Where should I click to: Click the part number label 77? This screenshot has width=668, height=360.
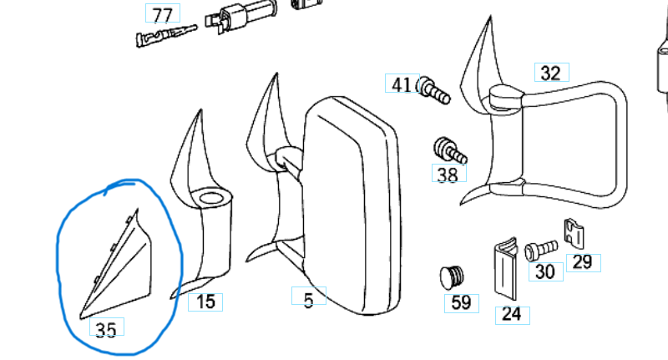162,14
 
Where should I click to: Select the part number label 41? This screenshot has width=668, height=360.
402,84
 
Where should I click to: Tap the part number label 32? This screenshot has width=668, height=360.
550,73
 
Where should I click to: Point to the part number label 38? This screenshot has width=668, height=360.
448,175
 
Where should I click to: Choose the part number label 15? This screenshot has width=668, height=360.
205,301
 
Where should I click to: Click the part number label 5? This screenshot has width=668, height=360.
309,298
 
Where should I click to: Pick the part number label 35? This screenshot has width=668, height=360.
106,330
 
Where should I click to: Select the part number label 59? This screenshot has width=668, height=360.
461,302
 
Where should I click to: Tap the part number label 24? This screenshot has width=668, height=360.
511,315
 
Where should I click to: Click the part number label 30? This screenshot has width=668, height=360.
544,271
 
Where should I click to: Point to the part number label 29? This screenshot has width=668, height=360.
582,262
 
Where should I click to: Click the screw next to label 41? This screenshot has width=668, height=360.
433,89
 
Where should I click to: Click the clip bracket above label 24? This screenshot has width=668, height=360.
504,267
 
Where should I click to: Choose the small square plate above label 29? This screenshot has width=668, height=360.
573,233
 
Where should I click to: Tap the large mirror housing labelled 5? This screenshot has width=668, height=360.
351,209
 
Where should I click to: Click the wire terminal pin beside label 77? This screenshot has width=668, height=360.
164,37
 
